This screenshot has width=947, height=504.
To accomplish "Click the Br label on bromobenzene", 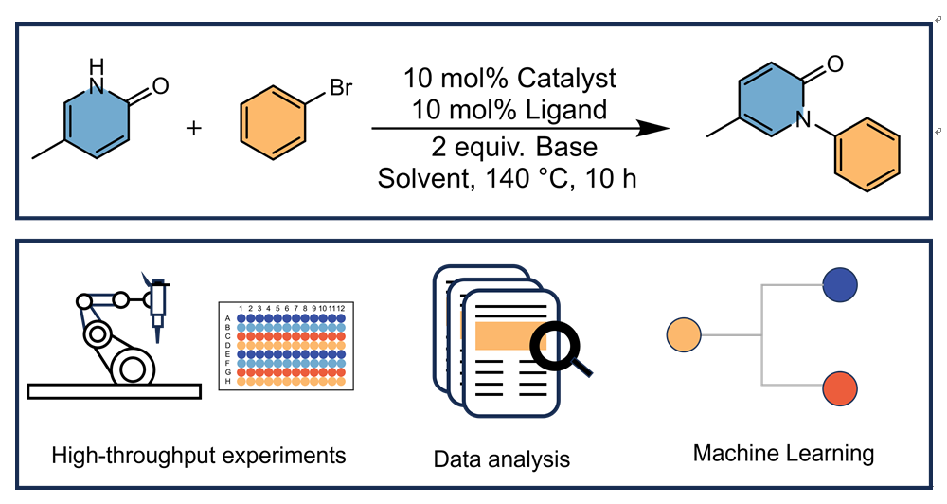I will [342, 91].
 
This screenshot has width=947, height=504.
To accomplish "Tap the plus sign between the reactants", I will [194, 128].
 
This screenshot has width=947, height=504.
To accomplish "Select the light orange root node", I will [684, 334].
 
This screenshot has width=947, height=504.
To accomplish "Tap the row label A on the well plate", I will [227, 319].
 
